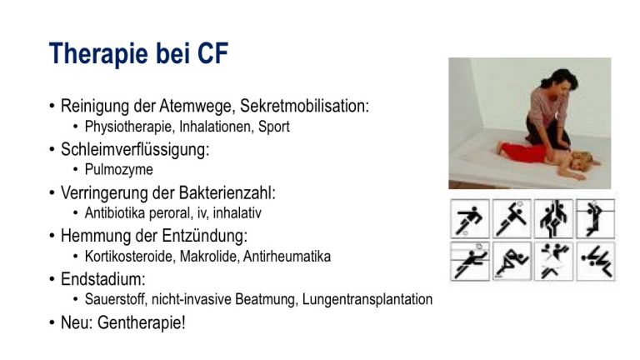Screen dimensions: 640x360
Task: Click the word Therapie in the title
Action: click(x=98, y=53)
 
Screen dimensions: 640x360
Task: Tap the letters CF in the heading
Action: click(x=212, y=53)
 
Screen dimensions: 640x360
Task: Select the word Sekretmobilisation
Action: click(x=304, y=106)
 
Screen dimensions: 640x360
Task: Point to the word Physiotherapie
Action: click(x=127, y=127)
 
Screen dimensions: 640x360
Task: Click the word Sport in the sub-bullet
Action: click(x=274, y=127)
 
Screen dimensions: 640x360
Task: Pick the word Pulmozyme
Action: click(x=119, y=169)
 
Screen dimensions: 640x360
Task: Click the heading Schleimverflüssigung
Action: click(x=135, y=149)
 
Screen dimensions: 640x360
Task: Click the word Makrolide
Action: click(x=208, y=257)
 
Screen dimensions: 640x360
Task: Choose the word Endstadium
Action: click(x=102, y=279)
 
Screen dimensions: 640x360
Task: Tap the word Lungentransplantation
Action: click(x=367, y=299)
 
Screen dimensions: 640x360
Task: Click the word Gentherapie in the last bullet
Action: click(x=141, y=322)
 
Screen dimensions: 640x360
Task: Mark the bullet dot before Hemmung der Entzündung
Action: click(x=52, y=236)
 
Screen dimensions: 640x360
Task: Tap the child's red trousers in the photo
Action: click(x=523, y=152)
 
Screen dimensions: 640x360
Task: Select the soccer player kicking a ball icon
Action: click(x=470, y=219)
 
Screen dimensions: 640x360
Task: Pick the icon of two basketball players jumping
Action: click(x=553, y=219)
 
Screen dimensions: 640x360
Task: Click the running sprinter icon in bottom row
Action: click(x=512, y=262)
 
